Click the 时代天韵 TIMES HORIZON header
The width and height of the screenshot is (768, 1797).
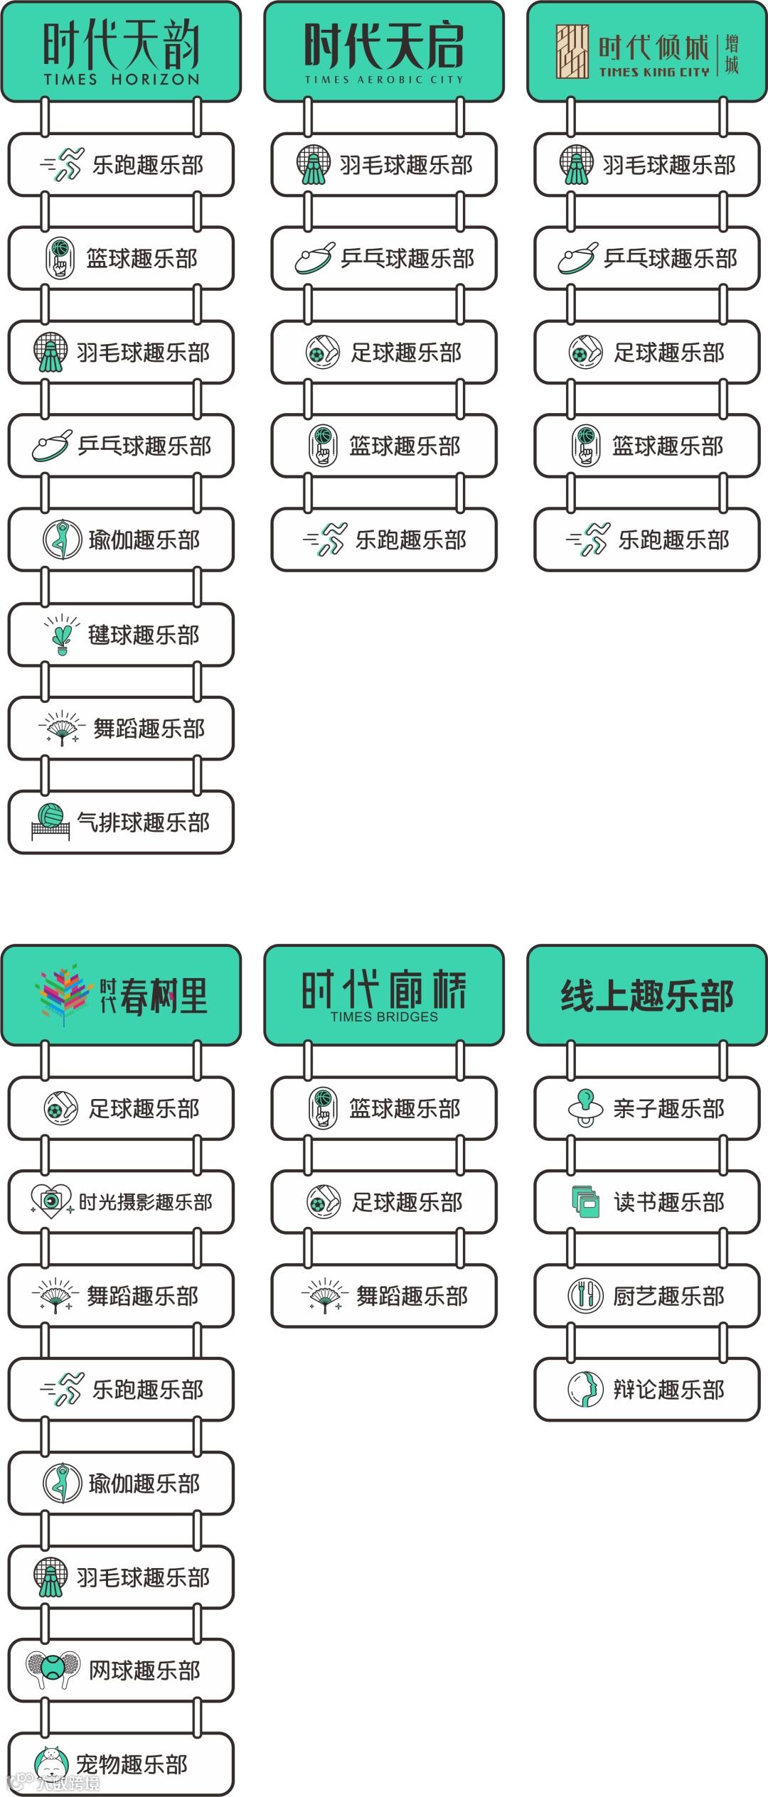(x=121, y=52)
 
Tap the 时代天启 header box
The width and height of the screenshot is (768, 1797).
(x=384, y=52)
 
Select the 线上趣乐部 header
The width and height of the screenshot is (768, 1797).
(x=646, y=995)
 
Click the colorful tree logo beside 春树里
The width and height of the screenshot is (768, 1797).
(x=64, y=994)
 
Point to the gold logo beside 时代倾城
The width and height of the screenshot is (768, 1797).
(x=572, y=52)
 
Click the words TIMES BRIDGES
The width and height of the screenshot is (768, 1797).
(x=384, y=1017)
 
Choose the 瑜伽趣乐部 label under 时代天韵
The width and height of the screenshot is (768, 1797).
(x=144, y=540)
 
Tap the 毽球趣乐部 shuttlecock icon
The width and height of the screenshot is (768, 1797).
(x=62, y=634)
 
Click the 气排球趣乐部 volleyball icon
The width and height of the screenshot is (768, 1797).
(x=50, y=822)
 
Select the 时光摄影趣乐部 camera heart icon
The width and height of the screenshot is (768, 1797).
(x=50, y=1201)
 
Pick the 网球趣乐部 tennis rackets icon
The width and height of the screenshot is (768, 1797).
(x=53, y=1669)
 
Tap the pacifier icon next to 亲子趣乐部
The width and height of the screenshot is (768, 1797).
(x=586, y=1108)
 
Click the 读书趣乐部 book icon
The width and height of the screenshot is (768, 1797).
(x=586, y=1202)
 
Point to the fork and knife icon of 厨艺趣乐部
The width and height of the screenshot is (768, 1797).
(x=585, y=1296)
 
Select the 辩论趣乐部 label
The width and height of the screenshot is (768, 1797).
(x=669, y=1390)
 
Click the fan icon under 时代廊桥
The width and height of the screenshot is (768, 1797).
(x=325, y=1296)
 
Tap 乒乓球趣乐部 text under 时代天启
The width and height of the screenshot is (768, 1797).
(x=407, y=259)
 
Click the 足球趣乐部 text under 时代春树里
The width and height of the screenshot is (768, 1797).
(x=144, y=1109)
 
